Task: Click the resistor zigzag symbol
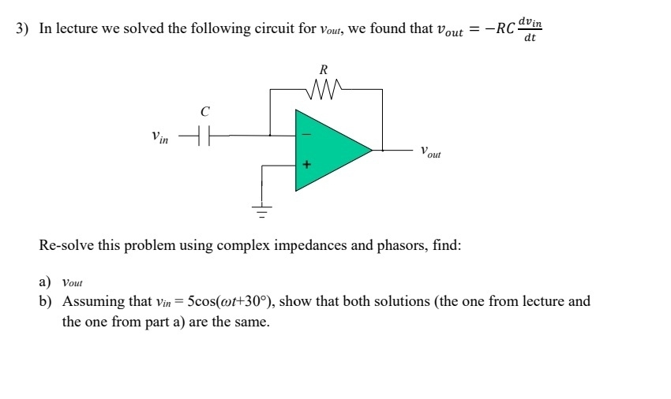point(326,84)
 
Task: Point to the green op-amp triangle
point(328,150)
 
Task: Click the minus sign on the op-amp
point(306,135)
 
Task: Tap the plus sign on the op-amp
point(306,166)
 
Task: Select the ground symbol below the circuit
point(261,210)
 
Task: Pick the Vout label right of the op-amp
point(430,151)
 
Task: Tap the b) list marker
point(45,301)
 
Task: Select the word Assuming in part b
point(92,301)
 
